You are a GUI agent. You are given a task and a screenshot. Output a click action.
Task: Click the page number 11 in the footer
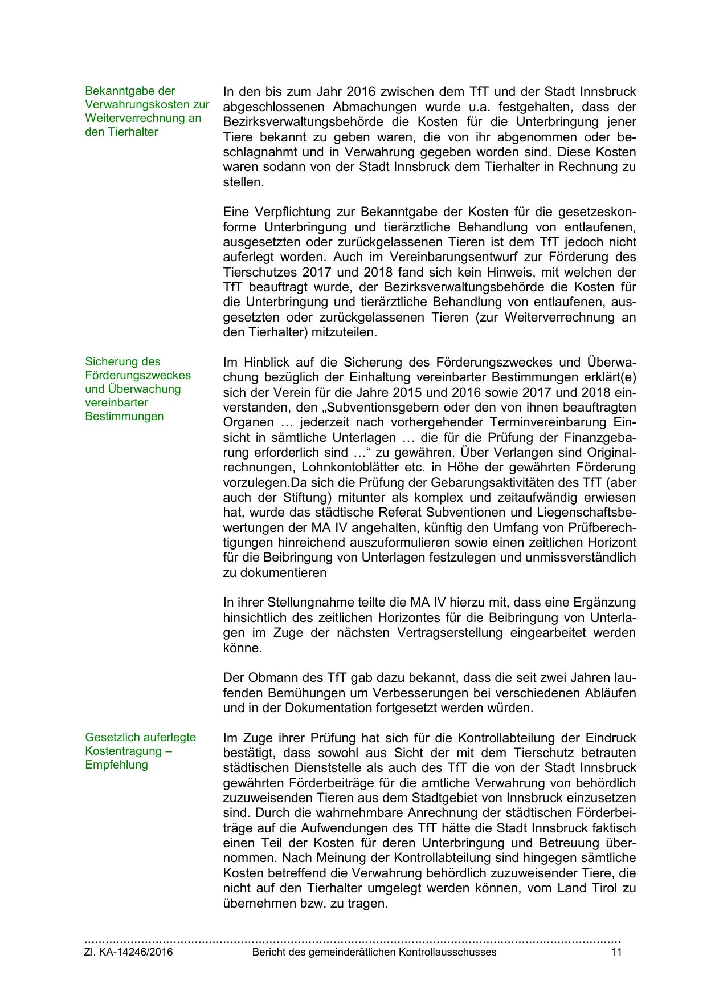(616, 952)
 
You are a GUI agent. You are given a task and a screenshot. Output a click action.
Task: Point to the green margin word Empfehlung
(116, 765)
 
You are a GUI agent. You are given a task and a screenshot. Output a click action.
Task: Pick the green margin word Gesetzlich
(110, 737)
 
